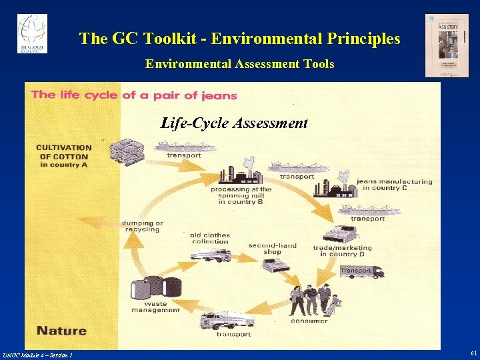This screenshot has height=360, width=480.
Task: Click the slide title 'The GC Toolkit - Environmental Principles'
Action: pyautogui.click(x=240, y=39)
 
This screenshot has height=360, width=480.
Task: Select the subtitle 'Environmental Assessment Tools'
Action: pyautogui.click(x=240, y=64)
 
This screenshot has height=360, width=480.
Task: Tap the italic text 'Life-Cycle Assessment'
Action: pyautogui.click(x=234, y=123)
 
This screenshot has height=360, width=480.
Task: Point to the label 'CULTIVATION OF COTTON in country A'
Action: pyautogui.click(x=64, y=156)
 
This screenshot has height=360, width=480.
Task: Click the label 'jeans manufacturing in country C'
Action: pyautogui.click(x=394, y=185)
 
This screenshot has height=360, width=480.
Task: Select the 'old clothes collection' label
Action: pyautogui.click(x=210, y=239)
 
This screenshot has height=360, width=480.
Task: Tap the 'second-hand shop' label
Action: pyautogui.click(x=272, y=249)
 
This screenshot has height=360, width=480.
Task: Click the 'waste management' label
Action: pyautogui.click(x=155, y=307)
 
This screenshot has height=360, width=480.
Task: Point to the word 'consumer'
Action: pyautogui.click(x=309, y=321)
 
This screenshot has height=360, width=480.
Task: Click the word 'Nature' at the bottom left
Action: pyautogui.click(x=61, y=331)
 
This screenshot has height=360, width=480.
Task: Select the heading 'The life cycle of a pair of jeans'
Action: pyautogui.click(x=134, y=95)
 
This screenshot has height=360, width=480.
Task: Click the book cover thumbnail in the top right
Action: pyautogui.click(x=447, y=45)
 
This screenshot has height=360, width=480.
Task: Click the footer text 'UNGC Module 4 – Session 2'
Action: pyautogui.click(x=38, y=354)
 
